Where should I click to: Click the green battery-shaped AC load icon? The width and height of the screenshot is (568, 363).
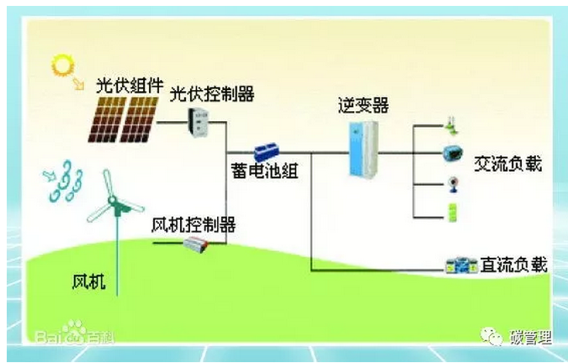[x=452, y=211]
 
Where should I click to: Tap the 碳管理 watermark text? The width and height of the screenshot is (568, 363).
[x=531, y=339]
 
